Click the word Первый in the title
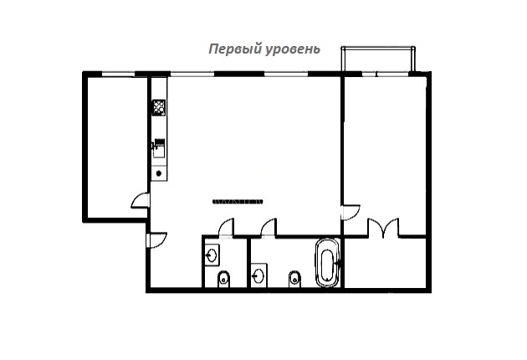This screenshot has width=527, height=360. coord(235,49)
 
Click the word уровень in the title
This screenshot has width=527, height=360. coord(293,49)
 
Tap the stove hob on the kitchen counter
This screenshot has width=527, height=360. coord(159,107)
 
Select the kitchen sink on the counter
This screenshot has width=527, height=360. coord(159,148)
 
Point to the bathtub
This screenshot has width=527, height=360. coord(327,263)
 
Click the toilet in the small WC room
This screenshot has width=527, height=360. coord(223,279)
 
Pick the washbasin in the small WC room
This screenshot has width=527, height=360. coord(212,255)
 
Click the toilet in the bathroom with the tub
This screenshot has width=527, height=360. coord(294,279)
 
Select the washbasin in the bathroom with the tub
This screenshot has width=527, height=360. coord(258,275)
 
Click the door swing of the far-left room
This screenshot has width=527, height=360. coord(140,201)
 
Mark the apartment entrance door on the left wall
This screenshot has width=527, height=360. coord(157,240)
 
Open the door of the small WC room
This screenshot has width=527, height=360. coord(226,227)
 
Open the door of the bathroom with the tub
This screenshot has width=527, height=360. coord(269,227)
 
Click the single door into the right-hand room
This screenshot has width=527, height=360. coord(351,213)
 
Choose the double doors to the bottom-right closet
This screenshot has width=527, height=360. coord(383,228)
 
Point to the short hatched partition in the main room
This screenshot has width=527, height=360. coord(238,202)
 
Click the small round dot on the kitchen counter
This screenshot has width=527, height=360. coord(159,173)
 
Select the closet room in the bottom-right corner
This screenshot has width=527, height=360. coord(385,262)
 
